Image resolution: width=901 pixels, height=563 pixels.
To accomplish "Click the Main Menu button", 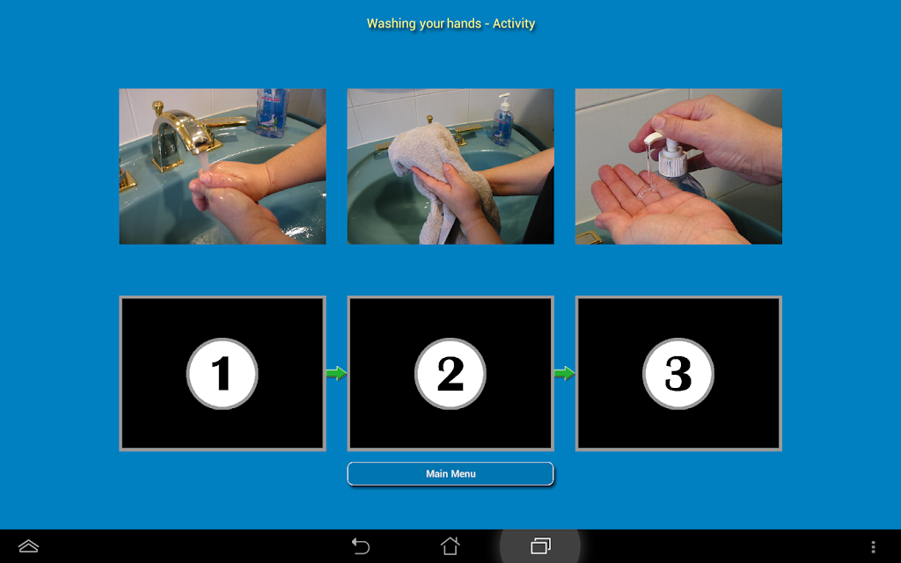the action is click(450, 474).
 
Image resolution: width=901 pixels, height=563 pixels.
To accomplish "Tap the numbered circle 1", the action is click(223, 373).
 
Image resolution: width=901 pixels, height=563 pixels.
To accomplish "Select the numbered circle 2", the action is click(450, 373).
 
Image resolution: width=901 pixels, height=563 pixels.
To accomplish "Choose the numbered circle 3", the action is click(678, 373).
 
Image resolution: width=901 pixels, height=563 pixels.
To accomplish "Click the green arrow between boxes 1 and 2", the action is click(337, 373).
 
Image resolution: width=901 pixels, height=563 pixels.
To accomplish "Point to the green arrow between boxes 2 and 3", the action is click(565, 373).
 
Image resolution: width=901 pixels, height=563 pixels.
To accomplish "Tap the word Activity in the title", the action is click(514, 24).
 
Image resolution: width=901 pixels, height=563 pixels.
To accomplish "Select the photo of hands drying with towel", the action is click(450, 166).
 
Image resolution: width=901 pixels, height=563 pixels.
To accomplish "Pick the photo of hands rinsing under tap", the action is click(223, 166).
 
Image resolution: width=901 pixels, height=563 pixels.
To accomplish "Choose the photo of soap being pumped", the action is click(678, 166).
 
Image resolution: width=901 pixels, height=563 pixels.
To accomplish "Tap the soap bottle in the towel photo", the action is click(503, 121).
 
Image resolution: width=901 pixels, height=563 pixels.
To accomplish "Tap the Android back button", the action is click(360, 545).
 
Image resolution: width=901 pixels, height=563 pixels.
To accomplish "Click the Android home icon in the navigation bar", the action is click(450, 545).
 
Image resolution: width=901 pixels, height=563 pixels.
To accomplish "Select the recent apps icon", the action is click(540, 545).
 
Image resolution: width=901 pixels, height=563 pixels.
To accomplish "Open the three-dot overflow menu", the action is click(873, 546).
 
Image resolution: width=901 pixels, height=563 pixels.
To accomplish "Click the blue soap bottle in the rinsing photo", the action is click(273, 112).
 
